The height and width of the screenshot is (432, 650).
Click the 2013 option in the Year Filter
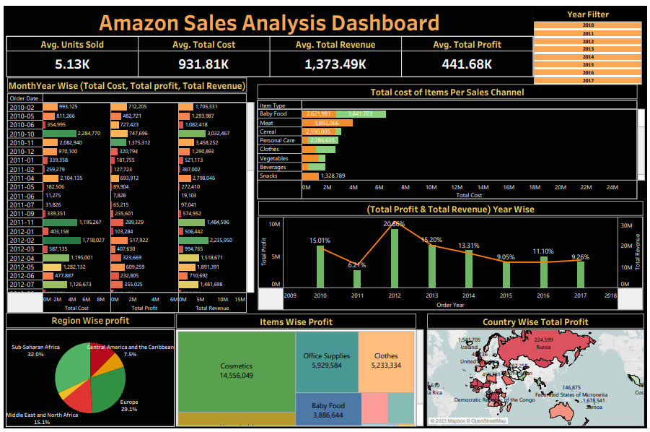coord(588,49)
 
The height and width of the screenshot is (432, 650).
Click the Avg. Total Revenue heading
coord(335,45)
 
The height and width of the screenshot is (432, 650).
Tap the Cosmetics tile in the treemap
coord(237,371)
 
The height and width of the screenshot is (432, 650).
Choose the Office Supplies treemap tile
coord(327,360)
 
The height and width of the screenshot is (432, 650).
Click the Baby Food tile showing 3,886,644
coord(328,410)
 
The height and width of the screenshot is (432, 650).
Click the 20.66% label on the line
coord(395,224)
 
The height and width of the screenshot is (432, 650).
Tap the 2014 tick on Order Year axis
coord(469,295)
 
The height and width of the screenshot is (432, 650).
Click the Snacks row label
coord(268,176)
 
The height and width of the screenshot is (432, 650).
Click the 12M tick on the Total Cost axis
coord(457,187)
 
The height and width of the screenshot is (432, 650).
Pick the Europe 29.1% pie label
coord(129,405)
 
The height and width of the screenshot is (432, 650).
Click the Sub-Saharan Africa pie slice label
coord(35,350)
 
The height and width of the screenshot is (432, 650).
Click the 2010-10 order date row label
coord(22,134)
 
